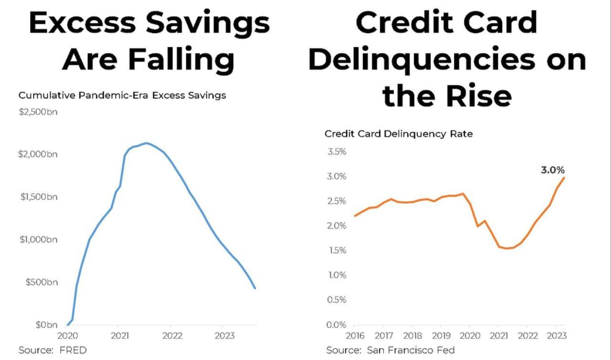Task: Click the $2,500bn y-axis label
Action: [x=38, y=112]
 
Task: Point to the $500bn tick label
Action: [x=41, y=282]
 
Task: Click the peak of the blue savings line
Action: [x=146, y=143]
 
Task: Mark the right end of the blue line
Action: [x=255, y=288]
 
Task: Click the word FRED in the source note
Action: [x=73, y=350]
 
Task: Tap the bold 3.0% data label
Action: [x=553, y=170]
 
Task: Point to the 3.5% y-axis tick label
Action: [x=337, y=152]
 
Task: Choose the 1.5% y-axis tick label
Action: [x=337, y=251]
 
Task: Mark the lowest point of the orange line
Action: [x=507, y=248]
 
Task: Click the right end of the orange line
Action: [x=564, y=178]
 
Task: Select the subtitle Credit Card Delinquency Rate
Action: [x=398, y=134]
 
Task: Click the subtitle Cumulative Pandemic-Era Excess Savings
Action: [x=122, y=95]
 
